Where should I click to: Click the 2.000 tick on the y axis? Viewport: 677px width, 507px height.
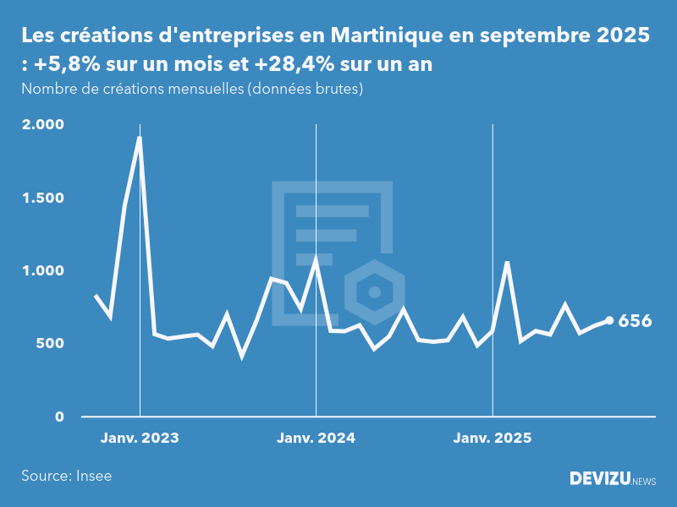pos(43,124)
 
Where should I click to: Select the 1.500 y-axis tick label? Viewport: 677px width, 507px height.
pos(43,198)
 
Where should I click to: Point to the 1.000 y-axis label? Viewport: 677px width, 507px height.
pos(43,270)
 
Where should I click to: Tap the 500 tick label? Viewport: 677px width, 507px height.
pos(49,344)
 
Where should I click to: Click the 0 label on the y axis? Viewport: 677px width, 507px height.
pos(59,417)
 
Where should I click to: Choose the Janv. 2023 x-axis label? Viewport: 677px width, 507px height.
pos(140,439)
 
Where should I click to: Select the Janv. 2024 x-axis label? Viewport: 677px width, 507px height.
pos(316,439)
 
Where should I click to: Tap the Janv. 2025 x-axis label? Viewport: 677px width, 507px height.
pos(493,439)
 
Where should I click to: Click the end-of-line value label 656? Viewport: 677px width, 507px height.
pos(635,321)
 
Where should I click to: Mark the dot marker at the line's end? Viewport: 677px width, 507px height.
pos(609,320)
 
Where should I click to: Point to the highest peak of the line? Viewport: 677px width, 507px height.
pos(139,138)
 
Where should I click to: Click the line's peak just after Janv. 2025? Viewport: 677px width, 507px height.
pos(507,262)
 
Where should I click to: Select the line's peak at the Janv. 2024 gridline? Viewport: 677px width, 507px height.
pos(316,259)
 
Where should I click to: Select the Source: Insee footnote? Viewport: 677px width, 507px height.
pos(66,476)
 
